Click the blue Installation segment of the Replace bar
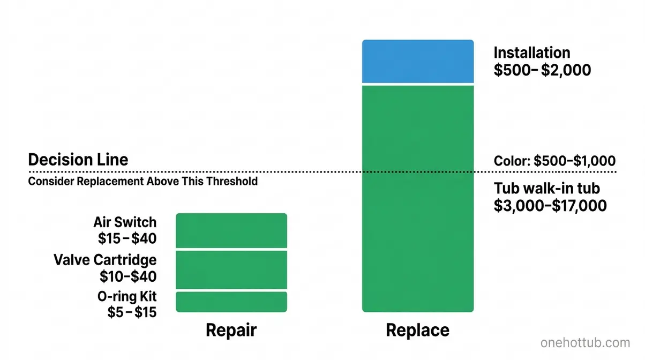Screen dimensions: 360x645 [x=418, y=62]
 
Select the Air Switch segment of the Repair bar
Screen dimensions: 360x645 [x=231, y=231]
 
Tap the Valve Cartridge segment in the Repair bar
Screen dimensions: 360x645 [x=231, y=270]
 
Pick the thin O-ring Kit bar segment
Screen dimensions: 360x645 [x=231, y=302]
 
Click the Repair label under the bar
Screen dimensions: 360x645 [x=231, y=330]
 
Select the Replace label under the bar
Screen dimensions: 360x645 [x=417, y=330]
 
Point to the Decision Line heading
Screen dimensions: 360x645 [x=78, y=160]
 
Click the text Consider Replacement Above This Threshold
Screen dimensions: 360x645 [x=142, y=181]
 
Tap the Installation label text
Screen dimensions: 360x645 [x=531, y=52]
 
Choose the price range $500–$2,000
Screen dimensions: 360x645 [x=542, y=70]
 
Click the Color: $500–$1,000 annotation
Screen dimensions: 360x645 [x=554, y=161]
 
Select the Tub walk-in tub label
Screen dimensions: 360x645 [x=546, y=188]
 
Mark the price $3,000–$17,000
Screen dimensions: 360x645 [x=550, y=205]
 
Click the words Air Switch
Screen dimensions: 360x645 [x=125, y=222]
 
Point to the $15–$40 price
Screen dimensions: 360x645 [x=128, y=238]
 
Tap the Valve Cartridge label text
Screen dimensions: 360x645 [x=106, y=260]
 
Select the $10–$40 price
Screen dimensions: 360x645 [x=128, y=276]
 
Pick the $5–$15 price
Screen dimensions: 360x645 [x=132, y=312]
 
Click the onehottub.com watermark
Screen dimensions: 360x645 [x=585, y=343]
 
